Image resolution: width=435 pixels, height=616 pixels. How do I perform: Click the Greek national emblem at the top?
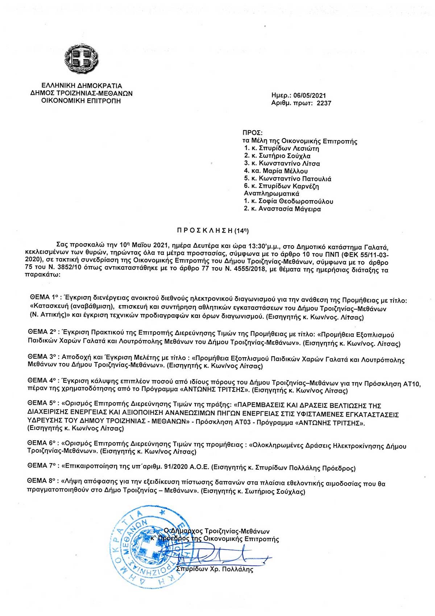tap(81, 58)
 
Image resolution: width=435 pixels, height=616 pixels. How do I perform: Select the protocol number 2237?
tap(324, 103)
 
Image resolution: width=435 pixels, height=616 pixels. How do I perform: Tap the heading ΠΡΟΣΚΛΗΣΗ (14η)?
tap(213, 230)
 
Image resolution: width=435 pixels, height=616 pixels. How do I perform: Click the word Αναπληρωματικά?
tap(272, 194)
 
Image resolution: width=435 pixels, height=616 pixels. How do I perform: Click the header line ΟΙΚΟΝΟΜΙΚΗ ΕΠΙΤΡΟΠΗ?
tap(81, 101)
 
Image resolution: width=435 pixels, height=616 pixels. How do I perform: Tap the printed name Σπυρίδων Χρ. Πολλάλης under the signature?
tap(214, 569)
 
